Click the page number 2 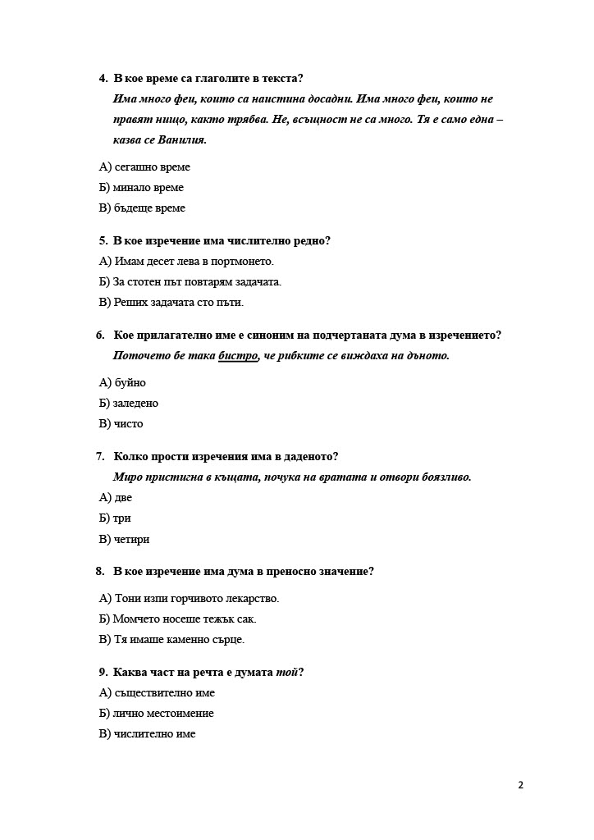[520, 785]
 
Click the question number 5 [103, 241]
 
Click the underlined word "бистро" [238, 356]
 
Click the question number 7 [100, 457]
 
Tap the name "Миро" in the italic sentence [129, 477]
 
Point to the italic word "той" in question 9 [286, 673]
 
